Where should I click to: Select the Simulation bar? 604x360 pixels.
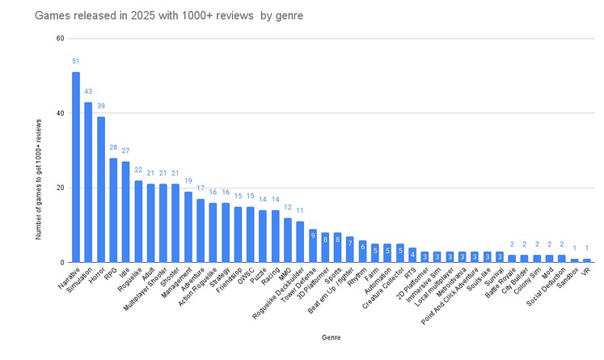[88, 182]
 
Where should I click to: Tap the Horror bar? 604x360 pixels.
[101, 189]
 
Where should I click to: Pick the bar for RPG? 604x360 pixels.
[113, 210]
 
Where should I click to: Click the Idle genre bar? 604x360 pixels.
[126, 212]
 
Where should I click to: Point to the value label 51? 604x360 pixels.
[76, 61]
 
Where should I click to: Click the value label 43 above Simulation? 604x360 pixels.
[88, 91]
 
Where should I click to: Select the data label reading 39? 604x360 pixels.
[101, 106]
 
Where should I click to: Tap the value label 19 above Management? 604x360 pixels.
[188, 181]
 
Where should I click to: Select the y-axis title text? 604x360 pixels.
[38, 177]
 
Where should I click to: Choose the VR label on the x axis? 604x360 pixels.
[583, 271]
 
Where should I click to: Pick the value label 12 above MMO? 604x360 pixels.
[287, 207]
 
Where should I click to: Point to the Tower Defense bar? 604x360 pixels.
[312, 246]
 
